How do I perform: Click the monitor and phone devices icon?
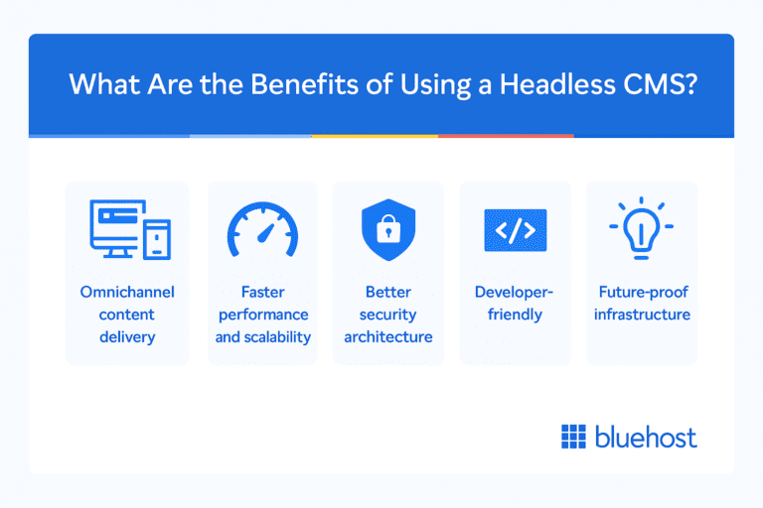(x=126, y=229)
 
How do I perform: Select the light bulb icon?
(x=642, y=229)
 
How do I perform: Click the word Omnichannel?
(x=127, y=293)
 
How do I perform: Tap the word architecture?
(x=388, y=336)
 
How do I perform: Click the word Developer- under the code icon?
(x=516, y=293)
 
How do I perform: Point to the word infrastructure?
(x=643, y=315)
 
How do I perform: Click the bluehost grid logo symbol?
(x=574, y=437)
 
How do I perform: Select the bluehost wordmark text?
(x=646, y=437)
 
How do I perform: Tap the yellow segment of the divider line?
(x=375, y=136)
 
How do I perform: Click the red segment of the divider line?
(x=506, y=136)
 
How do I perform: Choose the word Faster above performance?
(x=261, y=293)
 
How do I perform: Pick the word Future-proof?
(x=643, y=293)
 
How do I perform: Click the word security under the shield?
(x=387, y=315)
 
